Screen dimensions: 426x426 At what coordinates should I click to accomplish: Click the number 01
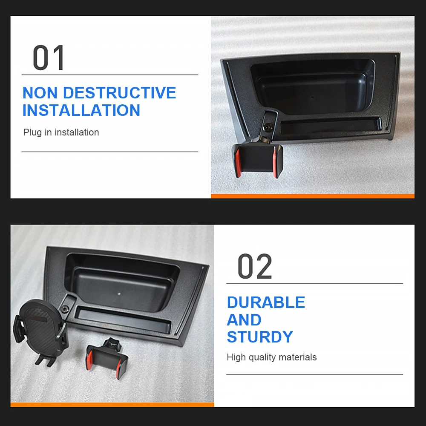click(x=49, y=58)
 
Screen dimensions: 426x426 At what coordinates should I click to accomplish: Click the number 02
click(x=255, y=266)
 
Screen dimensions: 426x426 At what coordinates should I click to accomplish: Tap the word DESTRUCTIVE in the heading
click(x=120, y=92)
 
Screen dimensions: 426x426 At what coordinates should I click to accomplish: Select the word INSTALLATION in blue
click(x=81, y=110)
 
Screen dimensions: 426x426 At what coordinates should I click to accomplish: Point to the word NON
click(x=40, y=92)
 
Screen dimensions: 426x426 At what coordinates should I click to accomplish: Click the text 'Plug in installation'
click(x=61, y=132)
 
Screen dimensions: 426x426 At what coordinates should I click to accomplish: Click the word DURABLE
click(x=266, y=302)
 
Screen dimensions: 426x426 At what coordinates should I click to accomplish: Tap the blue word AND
click(x=244, y=320)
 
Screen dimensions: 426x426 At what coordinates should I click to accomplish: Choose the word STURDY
click(x=260, y=337)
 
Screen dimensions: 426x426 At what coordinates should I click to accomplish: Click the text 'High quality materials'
click(x=272, y=357)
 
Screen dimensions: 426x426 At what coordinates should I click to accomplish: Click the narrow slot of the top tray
click(x=331, y=126)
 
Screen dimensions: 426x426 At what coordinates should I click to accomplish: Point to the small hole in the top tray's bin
click(x=312, y=97)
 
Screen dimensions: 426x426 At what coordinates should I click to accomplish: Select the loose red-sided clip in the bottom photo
click(x=107, y=358)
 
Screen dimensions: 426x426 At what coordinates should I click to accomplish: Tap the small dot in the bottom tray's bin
click(x=119, y=294)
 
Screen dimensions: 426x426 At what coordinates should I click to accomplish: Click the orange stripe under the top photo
click(x=313, y=196)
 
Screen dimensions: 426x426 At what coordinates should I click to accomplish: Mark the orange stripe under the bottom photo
click(x=112, y=405)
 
